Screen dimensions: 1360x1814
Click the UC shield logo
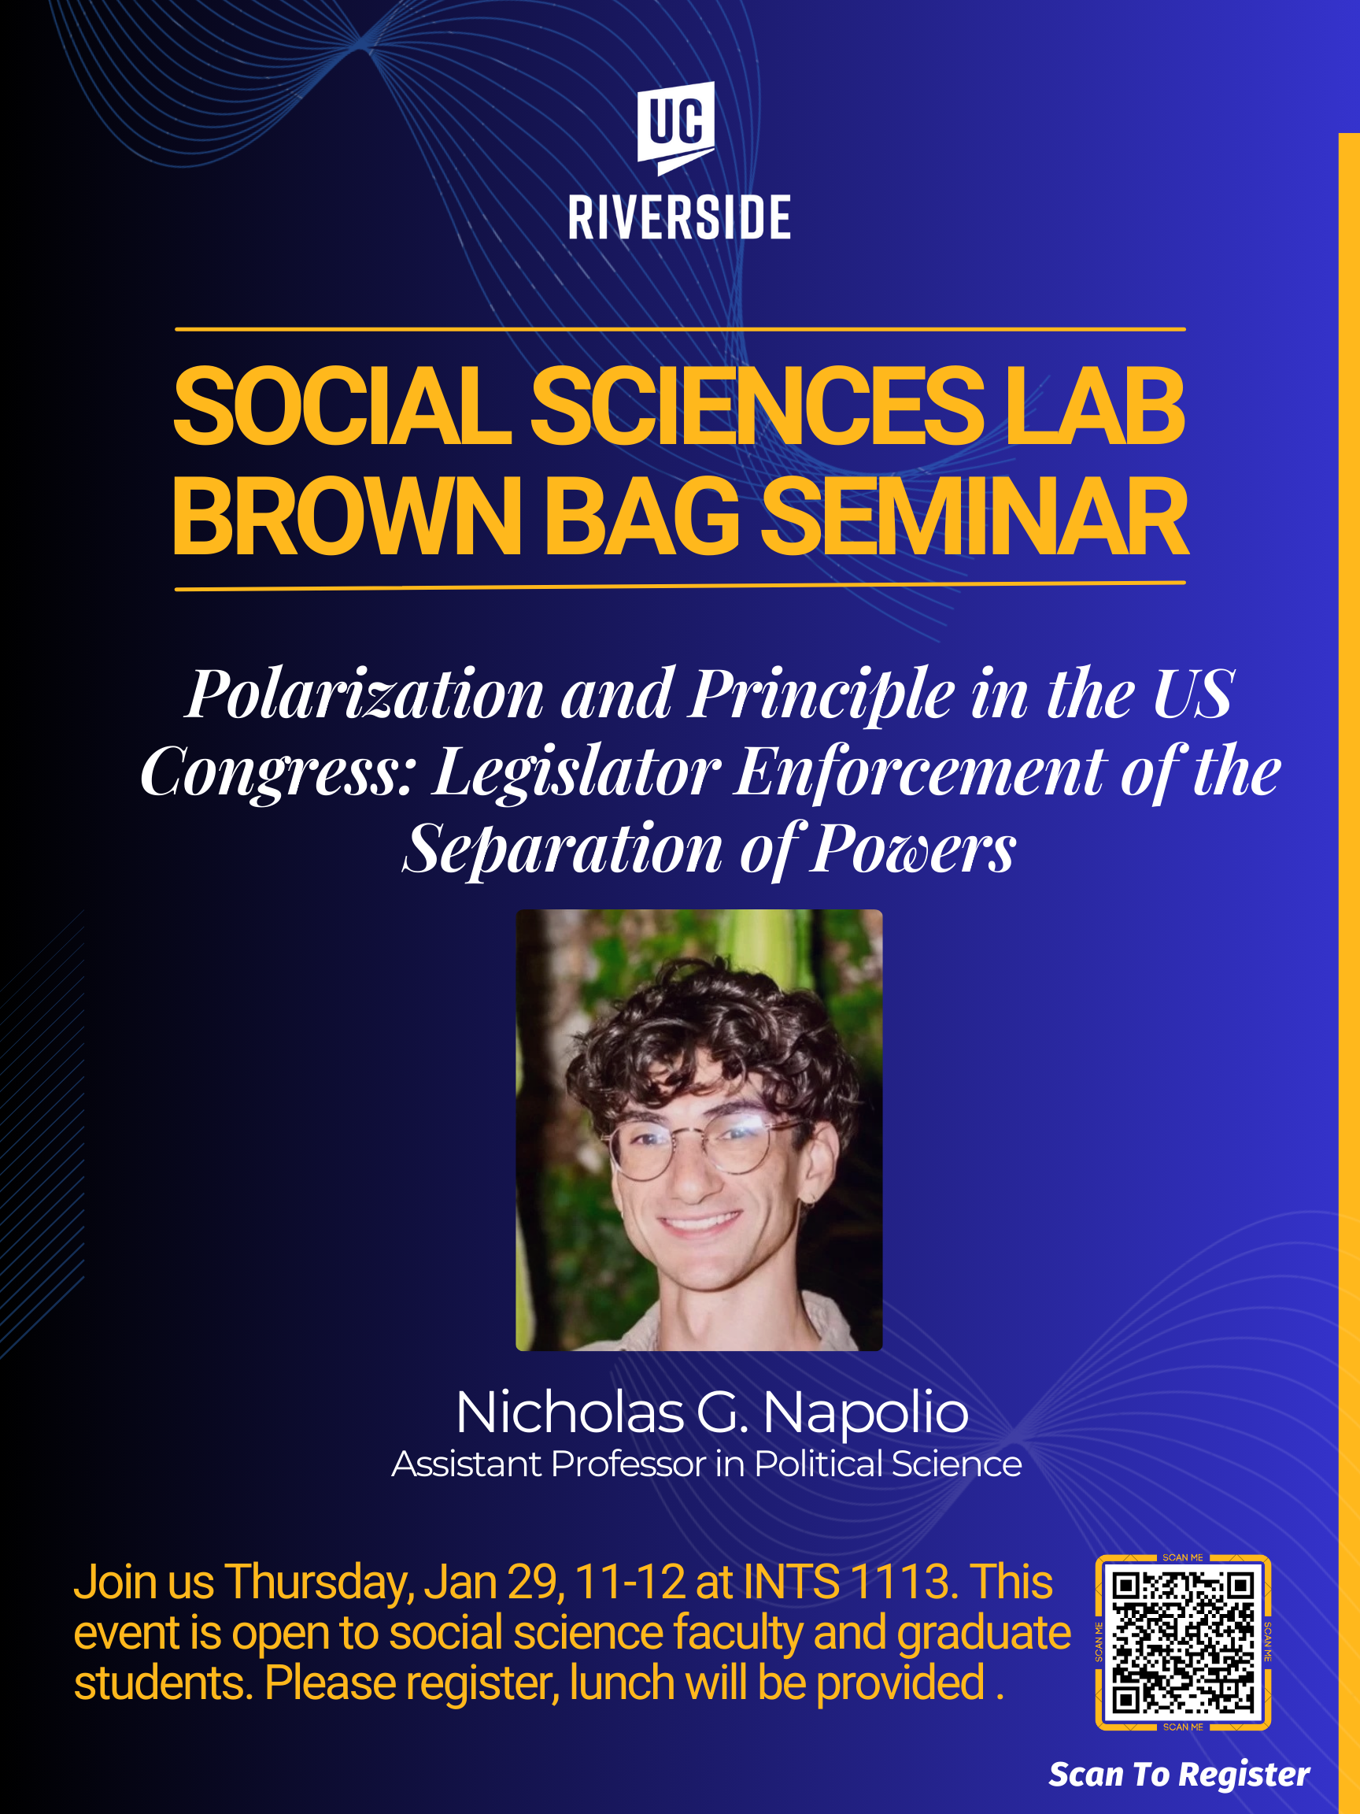tap(676, 127)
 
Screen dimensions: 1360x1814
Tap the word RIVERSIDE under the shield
tap(679, 217)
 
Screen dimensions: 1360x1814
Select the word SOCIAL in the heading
tap(342, 405)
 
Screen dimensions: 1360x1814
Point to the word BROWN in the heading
tap(347, 516)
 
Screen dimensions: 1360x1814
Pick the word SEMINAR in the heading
tap(974, 516)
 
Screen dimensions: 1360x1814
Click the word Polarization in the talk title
tap(365, 694)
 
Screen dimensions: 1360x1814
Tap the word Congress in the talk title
tap(279, 772)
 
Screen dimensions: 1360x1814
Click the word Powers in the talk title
tap(913, 849)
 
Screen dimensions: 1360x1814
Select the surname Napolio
tap(866, 1414)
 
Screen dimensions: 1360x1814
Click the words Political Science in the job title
tap(888, 1464)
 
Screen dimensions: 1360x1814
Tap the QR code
tap(1183, 1642)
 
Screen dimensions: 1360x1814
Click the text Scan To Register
tap(1179, 1775)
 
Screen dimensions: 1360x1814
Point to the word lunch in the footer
tap(623, 1683)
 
